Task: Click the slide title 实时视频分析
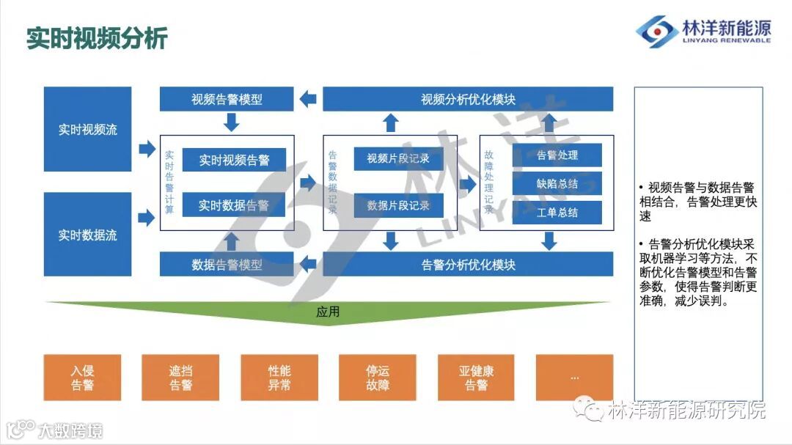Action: click(97, 38)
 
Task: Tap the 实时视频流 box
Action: click(88, 130)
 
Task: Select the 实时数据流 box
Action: click(88, 235)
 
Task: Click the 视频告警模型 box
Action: click(227, 99)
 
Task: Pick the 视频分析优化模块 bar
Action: click(468, 99)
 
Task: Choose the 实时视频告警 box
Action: click(234, 160)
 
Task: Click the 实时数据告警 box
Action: click(234, 205)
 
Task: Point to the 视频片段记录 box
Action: click(398, 158)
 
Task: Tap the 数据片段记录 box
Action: click(398, 205)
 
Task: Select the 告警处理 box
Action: click(557, 155)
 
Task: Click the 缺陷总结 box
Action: click(557, 184)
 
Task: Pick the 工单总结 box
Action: click(557, 213)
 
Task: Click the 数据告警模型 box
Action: click(227, 264)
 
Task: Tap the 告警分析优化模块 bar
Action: click(468, 264)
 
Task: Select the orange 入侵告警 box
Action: click(82, 378)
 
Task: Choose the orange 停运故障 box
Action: click(378, 378)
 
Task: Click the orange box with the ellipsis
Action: click(574, 378)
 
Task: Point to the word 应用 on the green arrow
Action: click(328, 312)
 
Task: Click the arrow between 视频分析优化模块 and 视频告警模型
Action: click(308, 99)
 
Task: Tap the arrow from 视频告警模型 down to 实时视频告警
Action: click(232, 122)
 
